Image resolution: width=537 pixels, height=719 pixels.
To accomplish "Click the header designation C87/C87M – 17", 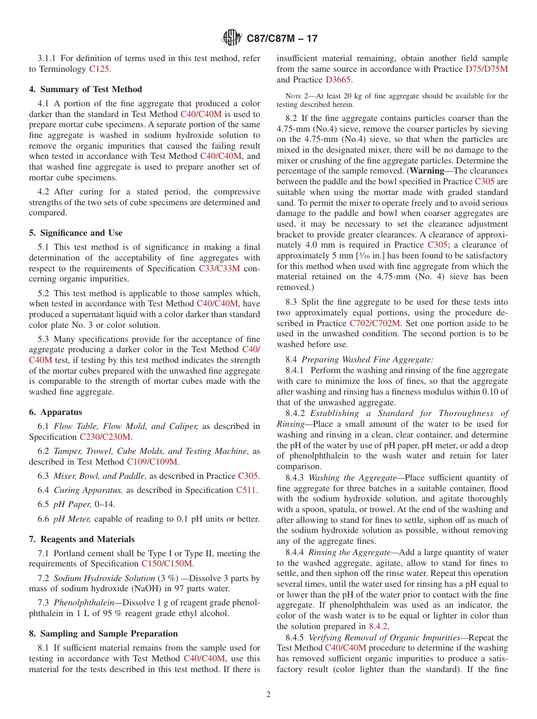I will [x=282, y=38].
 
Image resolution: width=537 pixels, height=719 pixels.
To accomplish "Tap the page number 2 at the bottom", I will [x=268, y=695].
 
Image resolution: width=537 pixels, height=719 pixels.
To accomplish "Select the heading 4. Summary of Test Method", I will [x=85, y=89].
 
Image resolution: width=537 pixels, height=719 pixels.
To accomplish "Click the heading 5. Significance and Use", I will [x=76, y=233].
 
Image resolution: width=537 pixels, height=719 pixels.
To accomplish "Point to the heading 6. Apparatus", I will [x=55, y=412].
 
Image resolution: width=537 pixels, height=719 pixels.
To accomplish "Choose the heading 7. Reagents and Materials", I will [x=82, y=539].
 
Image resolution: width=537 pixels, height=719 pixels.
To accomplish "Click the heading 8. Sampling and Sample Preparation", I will [x=103, y=634].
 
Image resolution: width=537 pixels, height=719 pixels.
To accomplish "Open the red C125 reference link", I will [x=100, y=69].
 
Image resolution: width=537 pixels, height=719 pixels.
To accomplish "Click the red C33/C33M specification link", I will [x=219, y=268].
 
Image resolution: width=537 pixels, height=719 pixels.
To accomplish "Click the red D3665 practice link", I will [x=338, y=80].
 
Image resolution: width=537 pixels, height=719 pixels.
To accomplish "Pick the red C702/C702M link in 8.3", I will [x=375, y=323].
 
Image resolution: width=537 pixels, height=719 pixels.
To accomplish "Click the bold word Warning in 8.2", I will [x=426, y=171].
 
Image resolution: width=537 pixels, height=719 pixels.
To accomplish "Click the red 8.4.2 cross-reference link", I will [x=378, y=626].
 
